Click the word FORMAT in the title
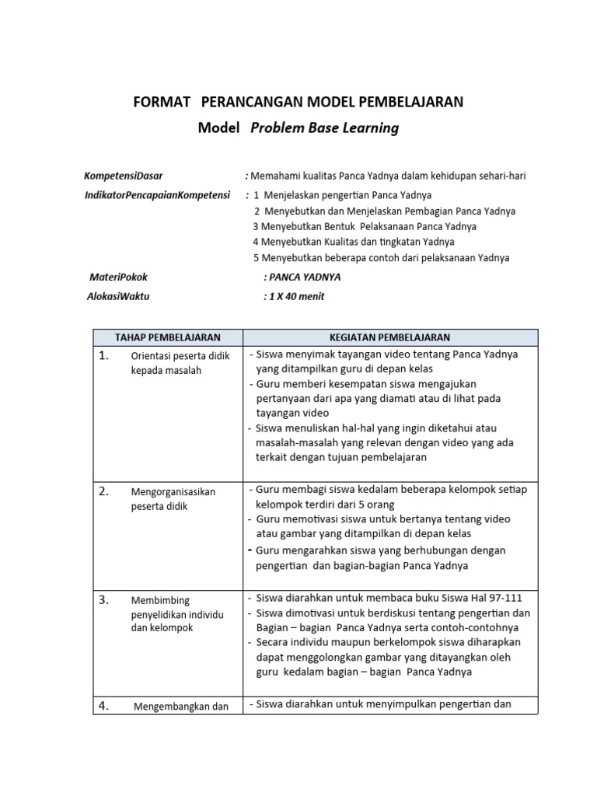click(x=162, y=102)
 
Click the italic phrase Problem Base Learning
click(x=324, y=128)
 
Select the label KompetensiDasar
click(x=124, y=176)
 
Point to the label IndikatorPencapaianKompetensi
click(x=152, y=194)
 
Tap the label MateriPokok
click(x=119, y=277)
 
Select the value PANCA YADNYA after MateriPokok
click(x=305, y=277)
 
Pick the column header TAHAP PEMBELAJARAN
click(x=168, y=337)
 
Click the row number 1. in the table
click(x=103, y=356)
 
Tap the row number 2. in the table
click(x=103, y=491)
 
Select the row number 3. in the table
click(x=103, y=600)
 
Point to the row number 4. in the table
click(x=103, y=706)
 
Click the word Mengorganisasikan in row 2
click(x=173, y=492)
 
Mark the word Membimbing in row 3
click(x=160, y=601)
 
